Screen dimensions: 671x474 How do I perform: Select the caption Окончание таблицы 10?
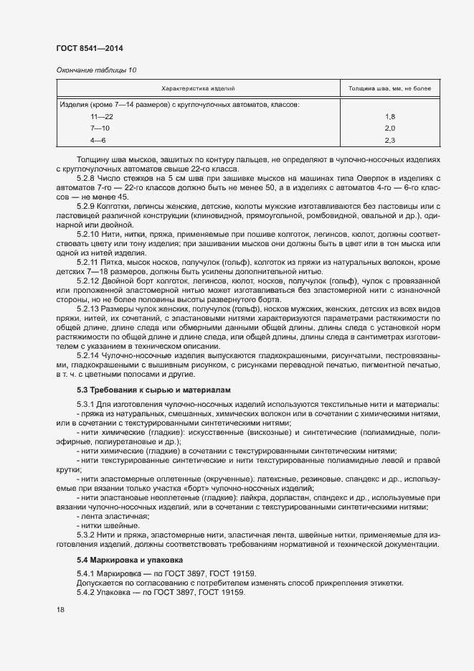tap(95, 70)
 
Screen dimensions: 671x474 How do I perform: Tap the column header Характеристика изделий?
tap(198, 89)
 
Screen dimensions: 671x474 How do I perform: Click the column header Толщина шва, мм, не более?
tap(389, 89)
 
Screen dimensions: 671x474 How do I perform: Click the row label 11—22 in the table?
tap(101, 116)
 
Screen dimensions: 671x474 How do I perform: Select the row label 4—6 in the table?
tap(98, 140)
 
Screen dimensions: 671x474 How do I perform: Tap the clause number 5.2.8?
tap(86, 178)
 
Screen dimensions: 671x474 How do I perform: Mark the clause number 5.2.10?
tap(88, 235)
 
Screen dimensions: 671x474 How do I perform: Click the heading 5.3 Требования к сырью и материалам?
tap(144, 389)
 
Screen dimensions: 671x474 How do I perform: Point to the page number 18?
tap(60, 610)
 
